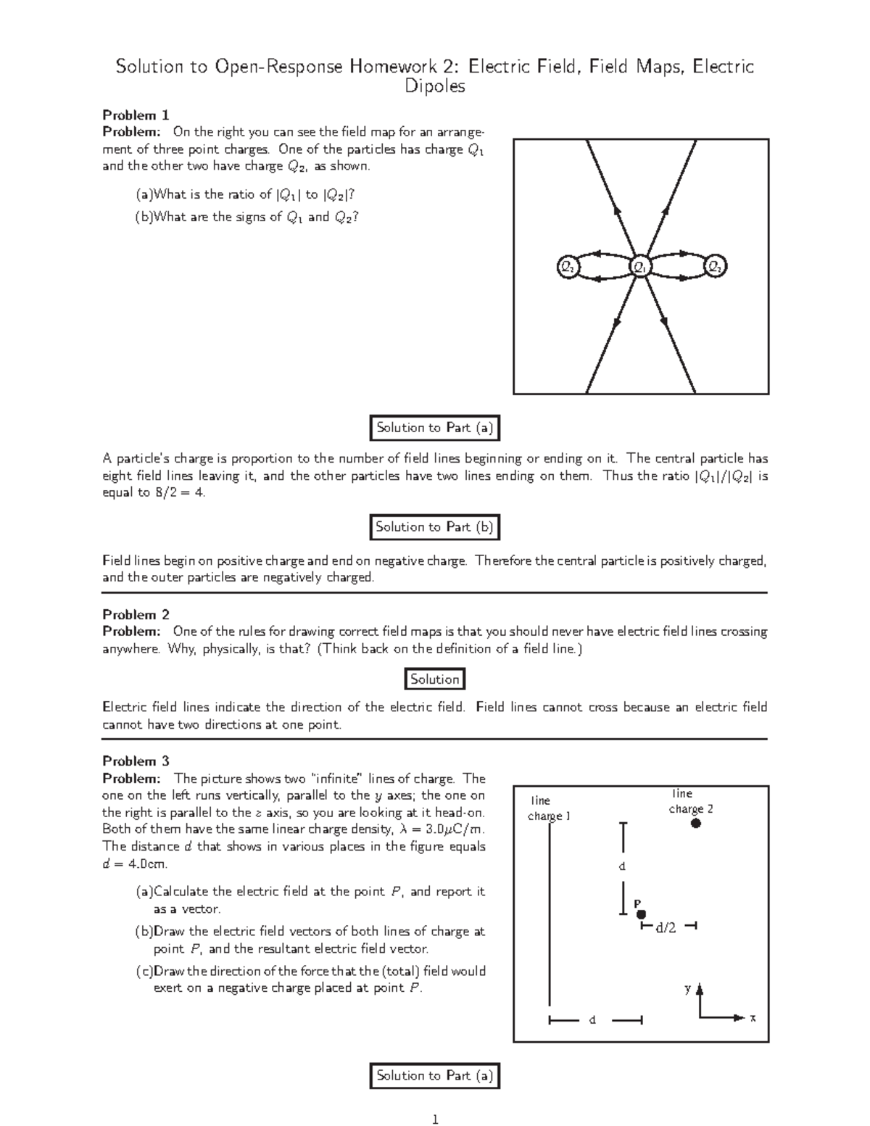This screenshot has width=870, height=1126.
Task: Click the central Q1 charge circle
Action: coord(640,267)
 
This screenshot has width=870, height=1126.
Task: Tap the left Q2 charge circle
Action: coord(567,267)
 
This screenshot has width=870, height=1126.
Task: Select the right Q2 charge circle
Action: coord(716,267)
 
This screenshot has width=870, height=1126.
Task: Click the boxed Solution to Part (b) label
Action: coord(434,527)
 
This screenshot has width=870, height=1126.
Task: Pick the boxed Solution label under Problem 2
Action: coord(434,679)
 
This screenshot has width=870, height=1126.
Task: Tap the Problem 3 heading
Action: coord(136,761)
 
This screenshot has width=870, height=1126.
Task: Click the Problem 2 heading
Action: coord(136,614)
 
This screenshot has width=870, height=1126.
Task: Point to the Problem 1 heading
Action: coord(136,115)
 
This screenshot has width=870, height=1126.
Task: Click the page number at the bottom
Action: coord(435,1119)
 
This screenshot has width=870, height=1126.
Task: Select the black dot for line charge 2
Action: coord(695,823)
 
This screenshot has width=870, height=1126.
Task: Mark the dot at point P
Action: coord(641,915)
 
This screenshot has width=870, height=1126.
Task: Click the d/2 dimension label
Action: coord(666,927)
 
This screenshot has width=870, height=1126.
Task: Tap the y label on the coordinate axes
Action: coord(688,988)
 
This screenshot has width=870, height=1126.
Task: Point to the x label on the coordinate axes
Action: coord(753,1018)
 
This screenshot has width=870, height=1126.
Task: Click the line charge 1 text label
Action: coord(548,808)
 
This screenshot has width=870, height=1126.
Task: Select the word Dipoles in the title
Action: coord(434,87)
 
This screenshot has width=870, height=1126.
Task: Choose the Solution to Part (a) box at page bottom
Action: coord(434,1076)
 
